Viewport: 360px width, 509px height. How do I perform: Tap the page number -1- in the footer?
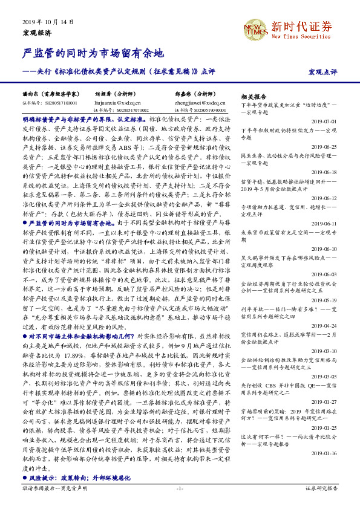(x=180, y=489)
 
